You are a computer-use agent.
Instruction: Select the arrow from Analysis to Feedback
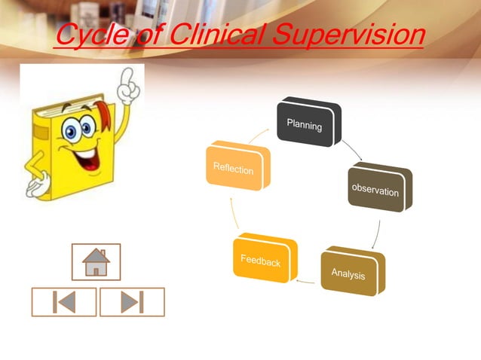tap(306, 281)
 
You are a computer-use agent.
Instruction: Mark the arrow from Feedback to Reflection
tap(234, 218)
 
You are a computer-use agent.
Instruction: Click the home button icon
tap(97, 262)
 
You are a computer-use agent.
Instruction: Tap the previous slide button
tap(64, 301)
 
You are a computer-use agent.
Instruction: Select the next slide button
tap(132, 301)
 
